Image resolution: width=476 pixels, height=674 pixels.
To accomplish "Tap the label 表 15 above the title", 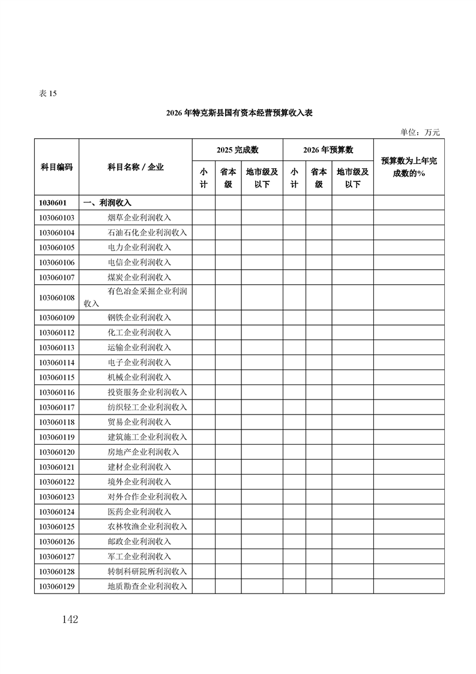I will pos(47,93).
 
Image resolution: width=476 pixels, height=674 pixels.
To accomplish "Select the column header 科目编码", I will pos(56,167).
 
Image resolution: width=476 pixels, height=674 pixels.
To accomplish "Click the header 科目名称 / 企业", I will pos(136,167).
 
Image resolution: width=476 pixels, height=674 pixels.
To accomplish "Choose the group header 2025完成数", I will pos(238,150).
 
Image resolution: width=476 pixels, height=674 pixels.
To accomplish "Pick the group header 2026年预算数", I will pos(328,150).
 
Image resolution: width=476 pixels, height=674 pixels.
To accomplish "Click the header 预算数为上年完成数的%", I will pos(409,167).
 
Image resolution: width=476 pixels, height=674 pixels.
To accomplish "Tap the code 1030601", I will pos(52,203).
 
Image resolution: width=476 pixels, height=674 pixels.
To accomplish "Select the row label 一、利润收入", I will pos(107,203).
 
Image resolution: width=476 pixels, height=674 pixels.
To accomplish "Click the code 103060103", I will pos(56,217).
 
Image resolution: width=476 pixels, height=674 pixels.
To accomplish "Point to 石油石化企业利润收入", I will pos(148,232).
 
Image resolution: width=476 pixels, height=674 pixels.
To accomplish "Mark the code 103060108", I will pos(56,297).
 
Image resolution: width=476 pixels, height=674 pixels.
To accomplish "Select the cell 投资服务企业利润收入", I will pos(148,392).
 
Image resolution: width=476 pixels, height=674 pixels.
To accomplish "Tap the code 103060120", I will pos(56,452).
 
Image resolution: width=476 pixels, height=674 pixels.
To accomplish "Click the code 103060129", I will pos(56,586).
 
